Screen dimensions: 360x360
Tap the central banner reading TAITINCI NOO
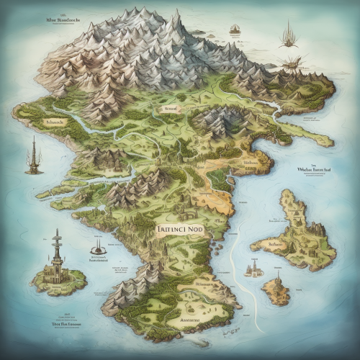click(179, 230)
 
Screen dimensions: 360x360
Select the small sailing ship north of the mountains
click(235, 30)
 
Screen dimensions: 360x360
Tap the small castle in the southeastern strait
click(253, 270)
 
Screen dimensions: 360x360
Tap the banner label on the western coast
click(54, 122)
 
